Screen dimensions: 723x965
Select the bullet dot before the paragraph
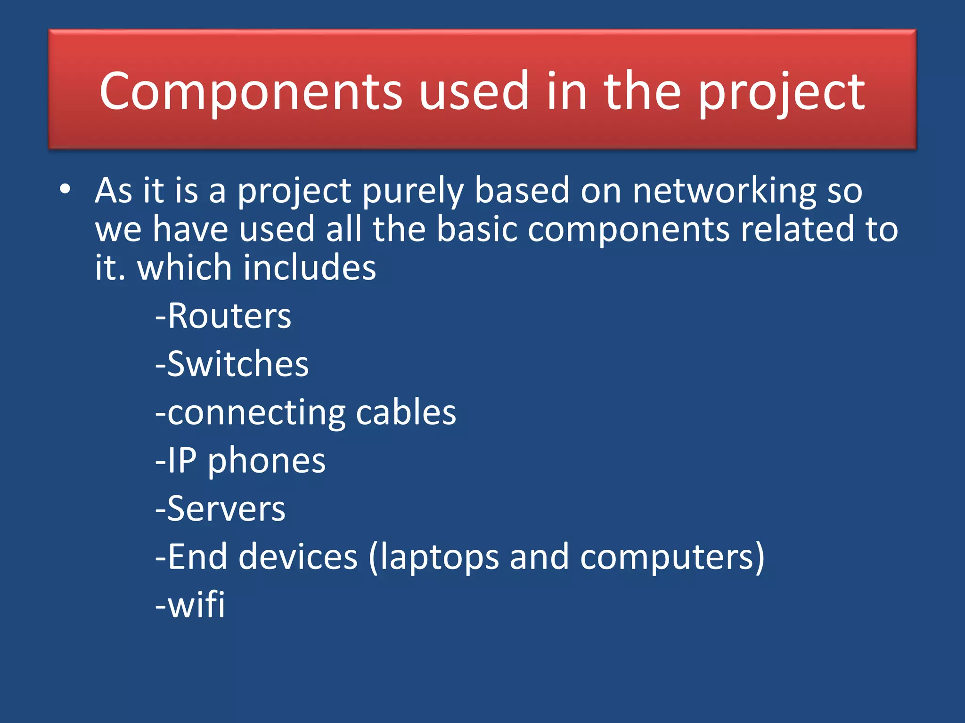pos(65,189)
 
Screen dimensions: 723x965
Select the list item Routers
pos(229,316)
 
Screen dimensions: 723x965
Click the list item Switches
pos(237,364)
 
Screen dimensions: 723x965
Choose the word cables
pos(406,412)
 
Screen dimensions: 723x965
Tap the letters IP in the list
pos(182,460)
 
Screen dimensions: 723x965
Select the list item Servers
pos(226,509)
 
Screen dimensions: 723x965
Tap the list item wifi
pos(196,605)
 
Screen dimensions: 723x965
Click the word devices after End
pos(298,557)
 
